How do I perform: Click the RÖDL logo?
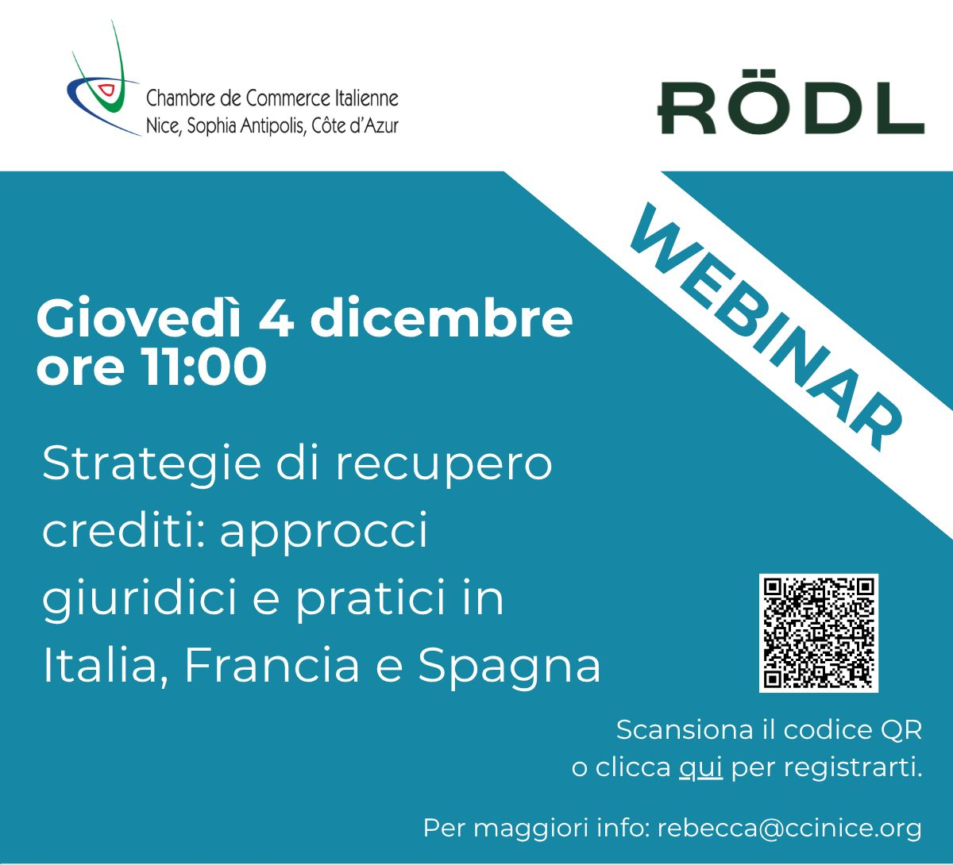(791, 103)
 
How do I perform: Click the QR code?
(819, 633)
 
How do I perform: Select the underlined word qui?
(700, 767)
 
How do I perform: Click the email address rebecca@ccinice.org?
(789, 828)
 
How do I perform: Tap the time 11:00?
(205, 366)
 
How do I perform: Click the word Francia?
(272, 665)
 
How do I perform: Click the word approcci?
(323, 532)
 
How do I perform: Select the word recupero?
(444, 466)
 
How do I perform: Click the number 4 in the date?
(276, 318)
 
